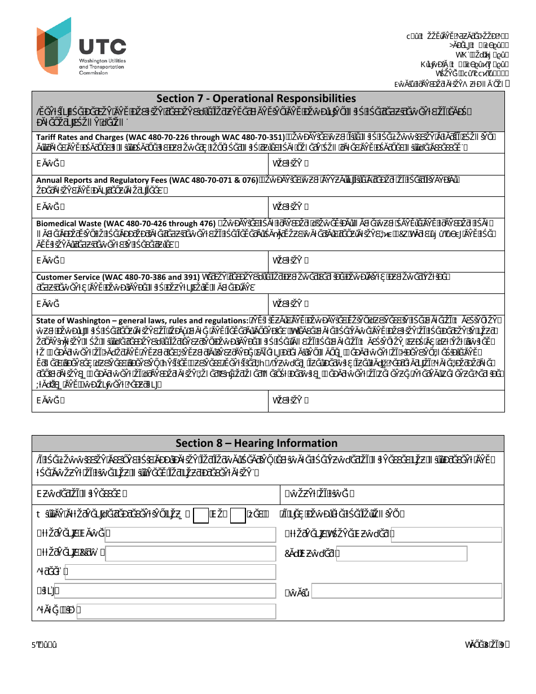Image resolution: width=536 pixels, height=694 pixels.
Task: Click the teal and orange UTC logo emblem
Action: (54, 45)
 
